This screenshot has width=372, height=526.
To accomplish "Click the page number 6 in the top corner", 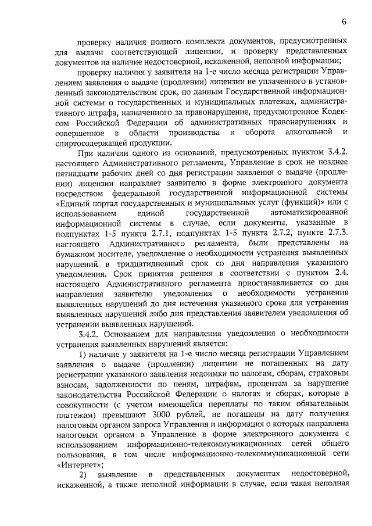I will [x=344, y=22].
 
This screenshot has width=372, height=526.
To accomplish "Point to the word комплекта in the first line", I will [x=200, y=42].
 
